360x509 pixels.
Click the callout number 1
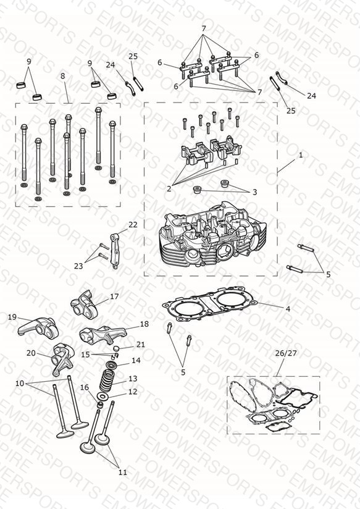tap(301, 155)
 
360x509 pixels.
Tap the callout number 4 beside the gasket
tap(288, 309)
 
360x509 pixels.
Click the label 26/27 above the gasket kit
tap(286, 353)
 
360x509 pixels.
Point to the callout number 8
tap(62, 76)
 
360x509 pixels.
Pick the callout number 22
tap(133, 225)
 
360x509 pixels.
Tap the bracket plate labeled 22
tap(114, 251)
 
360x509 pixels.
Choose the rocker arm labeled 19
tap(38, 327)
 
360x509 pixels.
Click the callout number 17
tap(114, 297)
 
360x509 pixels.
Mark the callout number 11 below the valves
tap(123, 473)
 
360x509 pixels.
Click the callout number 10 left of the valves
tap(20, 384)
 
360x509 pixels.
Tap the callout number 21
tap(140, 345)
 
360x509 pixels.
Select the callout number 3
tap(255, 192)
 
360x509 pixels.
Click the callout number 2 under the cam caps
tap(169, 188)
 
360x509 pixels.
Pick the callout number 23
tap(78, 266)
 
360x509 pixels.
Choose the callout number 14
tap(136, 360)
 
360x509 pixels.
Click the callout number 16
tap(85, 387)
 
